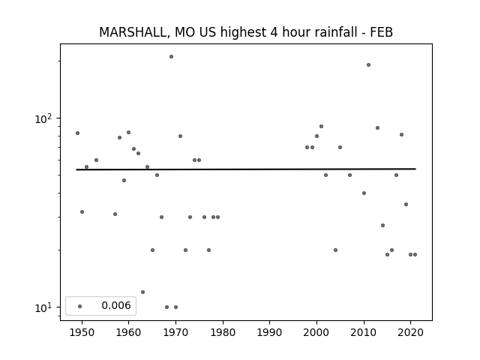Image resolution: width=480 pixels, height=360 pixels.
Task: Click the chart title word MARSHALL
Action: click(134, 32)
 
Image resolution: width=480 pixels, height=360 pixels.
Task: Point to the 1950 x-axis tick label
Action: click(82, 332)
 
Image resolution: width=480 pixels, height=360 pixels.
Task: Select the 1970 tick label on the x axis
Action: click(175, 332)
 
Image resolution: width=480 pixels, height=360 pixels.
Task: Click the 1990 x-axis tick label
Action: click(270, 332)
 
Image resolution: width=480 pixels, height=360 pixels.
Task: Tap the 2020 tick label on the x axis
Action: click(411, 332)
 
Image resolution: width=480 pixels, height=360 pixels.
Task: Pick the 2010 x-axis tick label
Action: click(364, 332)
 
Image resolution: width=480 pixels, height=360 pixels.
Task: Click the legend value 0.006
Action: click(116, 305)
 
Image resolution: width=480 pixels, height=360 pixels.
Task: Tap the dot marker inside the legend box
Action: click(80, 306)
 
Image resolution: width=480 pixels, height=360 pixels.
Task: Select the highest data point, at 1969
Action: click(172, 57)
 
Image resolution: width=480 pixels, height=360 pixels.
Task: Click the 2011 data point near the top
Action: click(368, 65)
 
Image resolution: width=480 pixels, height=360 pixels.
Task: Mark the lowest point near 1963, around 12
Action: click(142, 292)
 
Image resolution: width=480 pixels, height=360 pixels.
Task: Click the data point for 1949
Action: click(77, 133)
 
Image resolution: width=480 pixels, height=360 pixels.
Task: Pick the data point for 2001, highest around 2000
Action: click(322, 127)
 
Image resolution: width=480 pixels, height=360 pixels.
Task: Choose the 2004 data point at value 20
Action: click(335, 250)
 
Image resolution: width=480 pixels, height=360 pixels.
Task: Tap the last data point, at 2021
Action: click(415, 255)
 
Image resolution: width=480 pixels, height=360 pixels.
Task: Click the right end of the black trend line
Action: click(415, 169)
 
